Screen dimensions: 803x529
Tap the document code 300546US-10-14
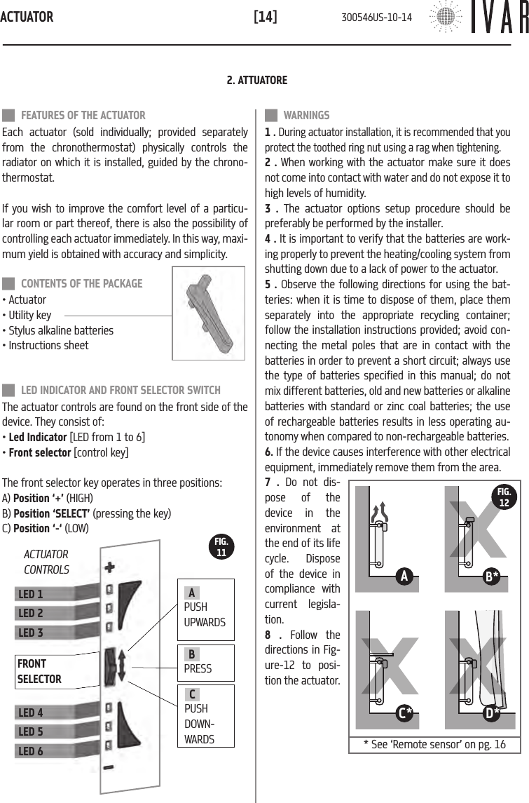click(x=376, y=17)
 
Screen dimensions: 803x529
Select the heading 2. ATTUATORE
click(x=257, y=81)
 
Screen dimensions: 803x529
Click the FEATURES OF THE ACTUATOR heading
click(x=83, y=116)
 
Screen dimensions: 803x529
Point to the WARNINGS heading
click(x=306, y=116)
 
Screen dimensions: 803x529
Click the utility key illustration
click(x=209, y=316)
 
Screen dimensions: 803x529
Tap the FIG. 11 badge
click(x=221, y=547)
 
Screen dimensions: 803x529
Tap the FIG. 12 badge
click(x=504, y=496)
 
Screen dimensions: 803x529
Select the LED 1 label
click(x=31, y=594)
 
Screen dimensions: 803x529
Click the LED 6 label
click(x=31, y=751)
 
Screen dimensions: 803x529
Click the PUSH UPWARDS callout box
click(x=205, y=607)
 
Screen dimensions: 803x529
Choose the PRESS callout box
click(x=205, y=663)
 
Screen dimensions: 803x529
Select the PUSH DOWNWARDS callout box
click(x=205, y=716)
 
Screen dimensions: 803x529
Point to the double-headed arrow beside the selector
click(x=123, y=663)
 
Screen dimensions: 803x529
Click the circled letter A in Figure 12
click(x=404, y=576)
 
